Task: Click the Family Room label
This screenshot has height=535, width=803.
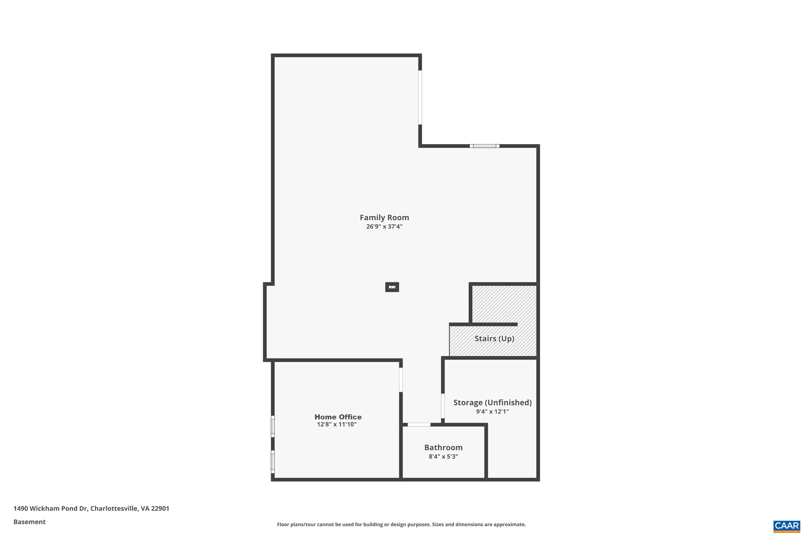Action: click(384, 217)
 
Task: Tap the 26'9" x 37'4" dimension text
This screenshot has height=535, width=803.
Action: click(384, 227)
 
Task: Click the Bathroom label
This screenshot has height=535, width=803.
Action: click(443, 447)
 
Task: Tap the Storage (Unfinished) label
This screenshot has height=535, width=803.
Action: click(492, 403)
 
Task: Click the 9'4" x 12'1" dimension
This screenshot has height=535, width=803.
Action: click(492, 411)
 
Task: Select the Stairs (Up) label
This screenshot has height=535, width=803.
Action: click(494, 338)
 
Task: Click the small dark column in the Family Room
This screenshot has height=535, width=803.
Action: click(392, 287)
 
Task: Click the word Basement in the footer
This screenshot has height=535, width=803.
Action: click(29, 522)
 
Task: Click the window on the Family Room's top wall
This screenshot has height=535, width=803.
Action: click(484, 146)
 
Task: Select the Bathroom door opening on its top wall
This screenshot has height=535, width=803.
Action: click(419, 425)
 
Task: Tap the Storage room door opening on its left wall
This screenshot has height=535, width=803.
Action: click(443, 406)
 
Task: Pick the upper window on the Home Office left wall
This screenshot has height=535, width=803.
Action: click(273, 426)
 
